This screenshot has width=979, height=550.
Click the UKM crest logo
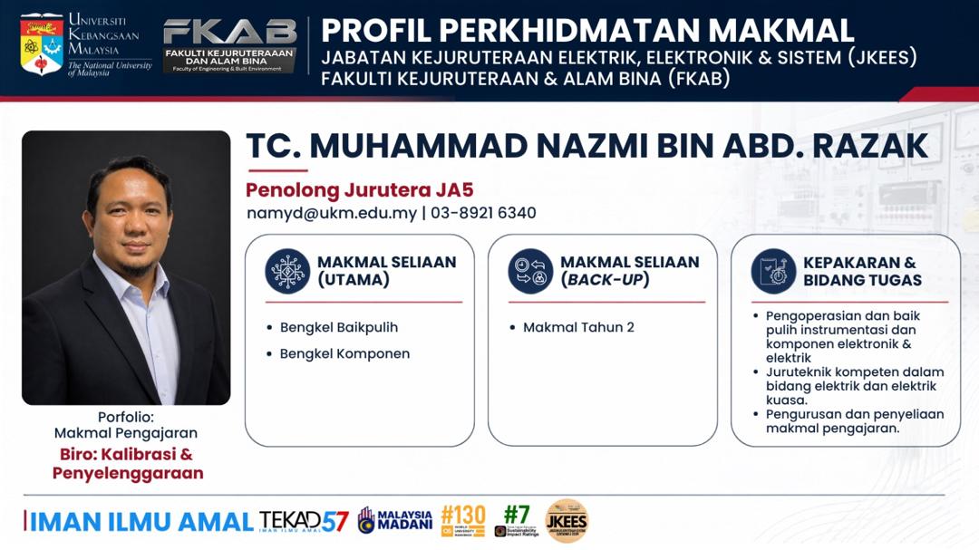click(42, 43)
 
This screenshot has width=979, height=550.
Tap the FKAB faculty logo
click(229, 45)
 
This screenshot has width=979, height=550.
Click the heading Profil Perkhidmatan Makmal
click(587, 30)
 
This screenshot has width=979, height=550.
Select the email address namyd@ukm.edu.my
click(332, 213)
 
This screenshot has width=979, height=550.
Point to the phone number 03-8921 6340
click(483, 213)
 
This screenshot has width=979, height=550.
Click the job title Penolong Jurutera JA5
click(359, 189)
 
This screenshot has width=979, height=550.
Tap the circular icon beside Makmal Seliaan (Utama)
click(287, 271)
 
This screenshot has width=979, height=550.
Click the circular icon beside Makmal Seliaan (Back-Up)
click(530, 271)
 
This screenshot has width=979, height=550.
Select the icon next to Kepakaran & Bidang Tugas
click(773, 271)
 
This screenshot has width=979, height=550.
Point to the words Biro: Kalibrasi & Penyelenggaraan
click(128, 463)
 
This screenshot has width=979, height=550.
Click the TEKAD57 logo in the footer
click(304, 521)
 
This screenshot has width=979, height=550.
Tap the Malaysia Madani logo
click(395, 520)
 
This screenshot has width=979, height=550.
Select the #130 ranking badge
click(462, 521)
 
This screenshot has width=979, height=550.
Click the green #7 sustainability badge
click(517, 521)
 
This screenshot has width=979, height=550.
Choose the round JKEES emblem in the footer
click(567, 521)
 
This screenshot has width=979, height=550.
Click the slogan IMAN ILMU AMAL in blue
click(141, 522)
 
